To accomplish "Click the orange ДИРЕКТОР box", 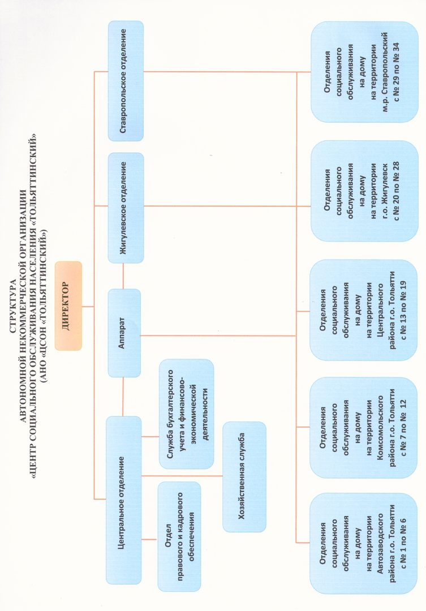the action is pos(68,306).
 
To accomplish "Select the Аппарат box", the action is pos(124,333).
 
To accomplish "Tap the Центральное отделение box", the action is pos(124,500).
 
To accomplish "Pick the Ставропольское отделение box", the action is pos(126,81).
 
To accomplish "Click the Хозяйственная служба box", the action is pos(244,476).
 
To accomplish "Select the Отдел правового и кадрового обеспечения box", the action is pos(179,536).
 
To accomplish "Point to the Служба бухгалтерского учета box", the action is pos(187,414).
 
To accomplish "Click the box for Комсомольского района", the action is pos(363,428).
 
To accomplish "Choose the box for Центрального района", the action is pos(363,310).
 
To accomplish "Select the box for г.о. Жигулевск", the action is pos(364,191).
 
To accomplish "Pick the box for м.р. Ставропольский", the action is pos(364,72).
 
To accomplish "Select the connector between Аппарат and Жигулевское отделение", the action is pos(123,276).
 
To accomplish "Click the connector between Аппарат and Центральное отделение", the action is pos(123,397).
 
